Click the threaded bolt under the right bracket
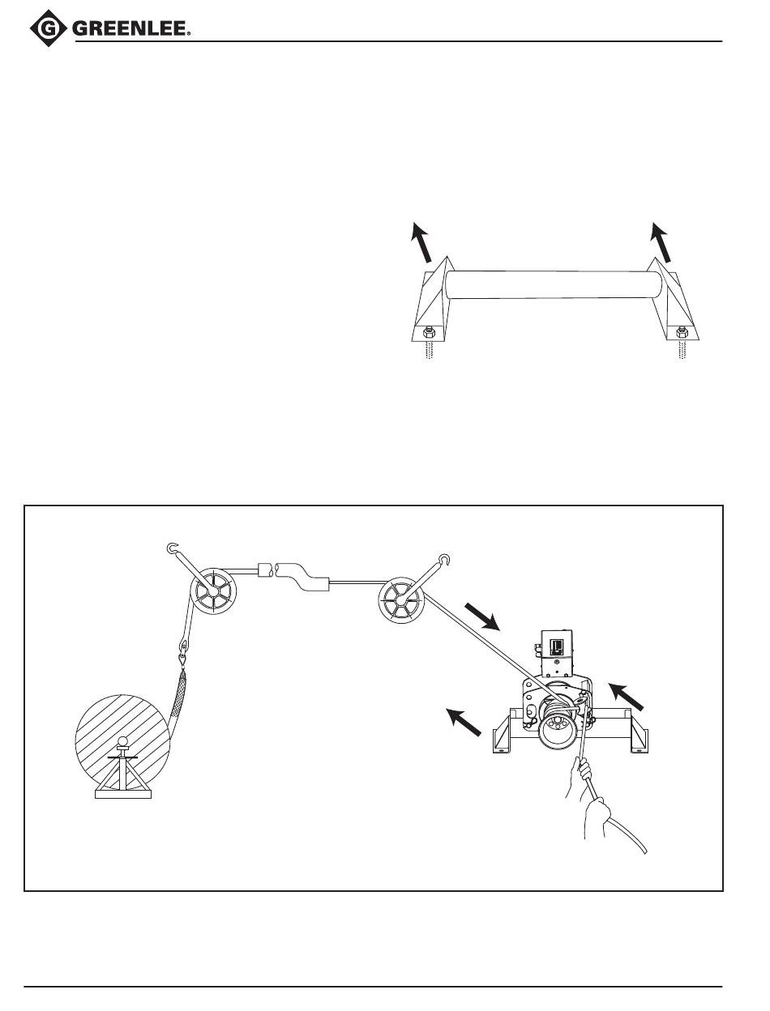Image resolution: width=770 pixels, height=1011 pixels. pos(683,352)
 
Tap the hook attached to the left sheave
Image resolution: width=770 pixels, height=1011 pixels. pos(172,550)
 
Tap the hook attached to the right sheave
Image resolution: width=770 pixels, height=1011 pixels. pos(444,559)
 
